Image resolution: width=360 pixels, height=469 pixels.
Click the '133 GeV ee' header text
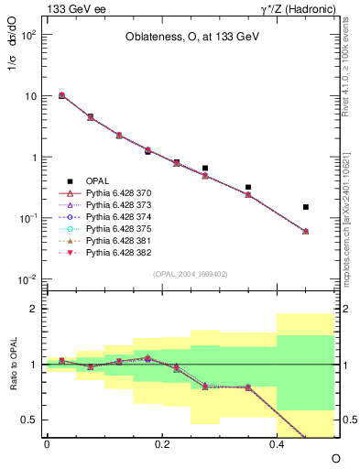tap(73, 8)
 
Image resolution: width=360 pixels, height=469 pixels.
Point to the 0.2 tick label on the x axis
tap(162, 443)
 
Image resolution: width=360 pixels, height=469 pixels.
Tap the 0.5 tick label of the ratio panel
tap(30, 420)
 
